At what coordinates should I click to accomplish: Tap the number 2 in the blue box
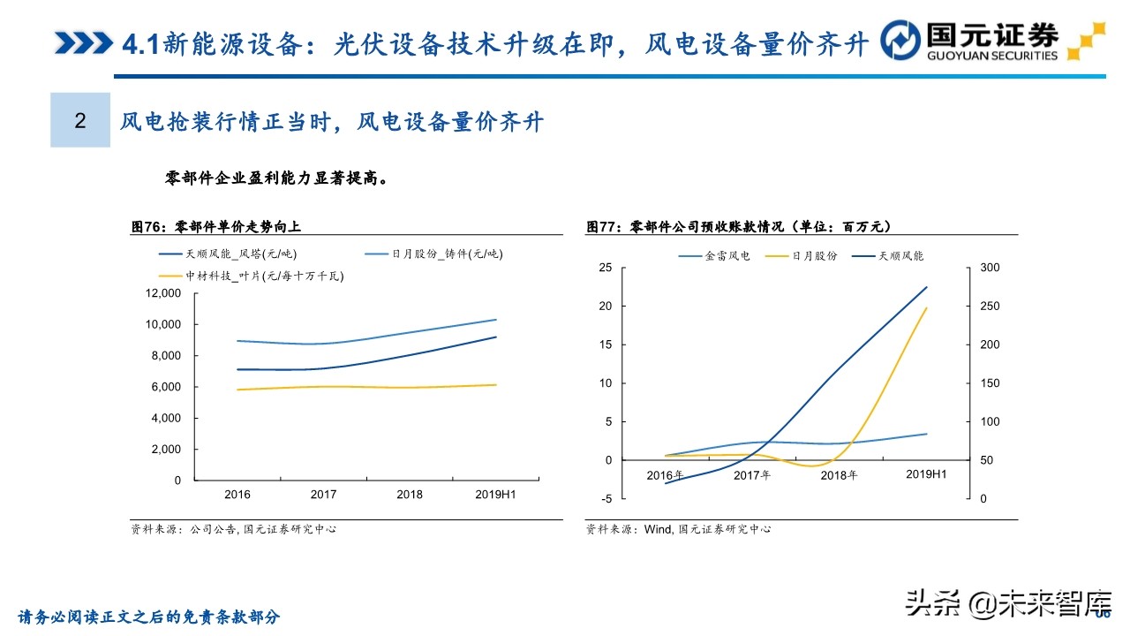pyautogui.click(x=80, y=121)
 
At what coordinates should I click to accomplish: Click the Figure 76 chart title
pyautogui.click(x=216, y=227)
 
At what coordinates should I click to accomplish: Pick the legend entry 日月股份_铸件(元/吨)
pyautogui.click(x=434, y=254)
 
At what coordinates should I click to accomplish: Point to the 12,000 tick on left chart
pyautogui.click(x=162, y=293)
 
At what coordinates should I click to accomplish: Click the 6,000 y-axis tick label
pyautogui.click(x=165, y=387)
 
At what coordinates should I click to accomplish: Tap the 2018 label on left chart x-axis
pyautogui.click(x=409, y=495)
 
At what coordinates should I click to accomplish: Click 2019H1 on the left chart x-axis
pyautogui.click(x=496, y=495)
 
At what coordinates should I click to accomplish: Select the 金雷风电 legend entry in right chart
pyautogui.click(x=714, y=256)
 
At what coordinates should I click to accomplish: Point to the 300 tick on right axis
pyautogui.click(x=989, y=268)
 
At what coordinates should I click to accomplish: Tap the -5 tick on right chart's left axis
pyautogui.click(x=606, y=499)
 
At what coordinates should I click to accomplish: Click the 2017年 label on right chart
pyautogui.click(x=753, y=475)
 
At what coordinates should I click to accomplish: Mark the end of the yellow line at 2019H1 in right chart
pyautogui.click(x=927, y=307)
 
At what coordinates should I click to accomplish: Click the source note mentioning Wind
pyautogui.click(x=678, y=529)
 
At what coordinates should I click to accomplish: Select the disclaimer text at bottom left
pyautogui.click(x=149, y=617)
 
